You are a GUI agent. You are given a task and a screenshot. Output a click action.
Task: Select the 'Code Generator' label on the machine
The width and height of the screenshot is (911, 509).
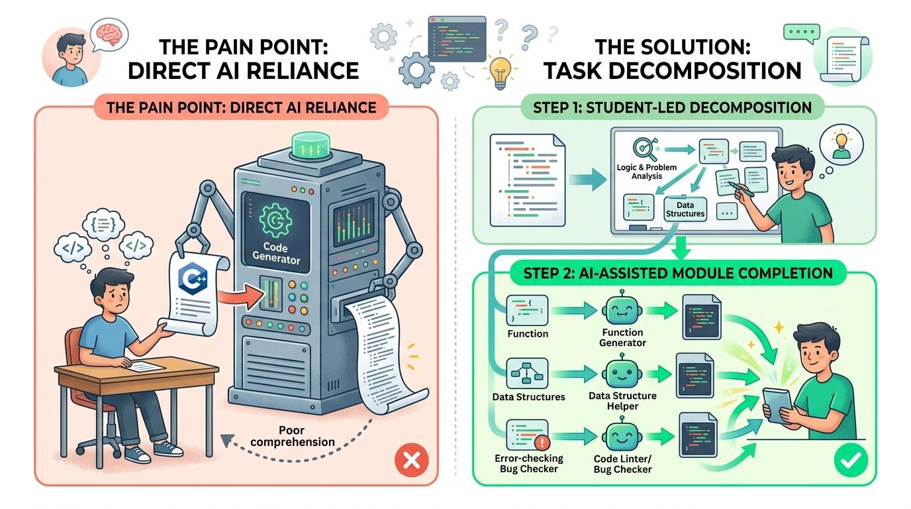tap(277, 253)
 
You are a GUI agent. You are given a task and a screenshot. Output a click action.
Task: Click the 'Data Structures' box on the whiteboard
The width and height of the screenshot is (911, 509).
tap(685, 209)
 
